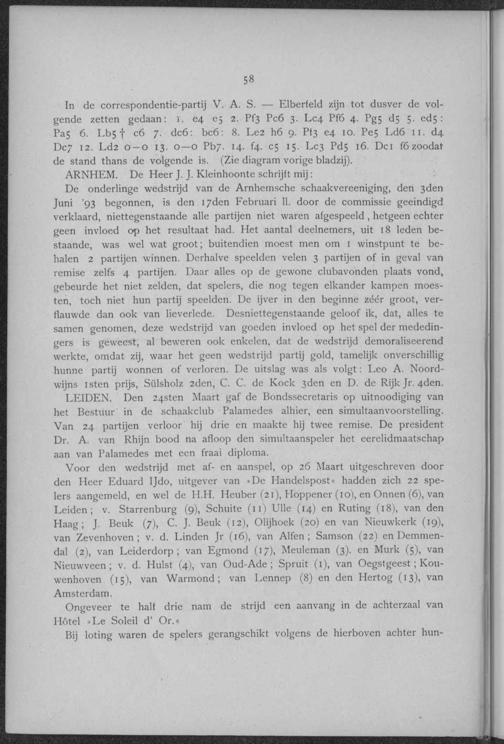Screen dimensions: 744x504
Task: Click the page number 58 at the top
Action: point(249,79)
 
